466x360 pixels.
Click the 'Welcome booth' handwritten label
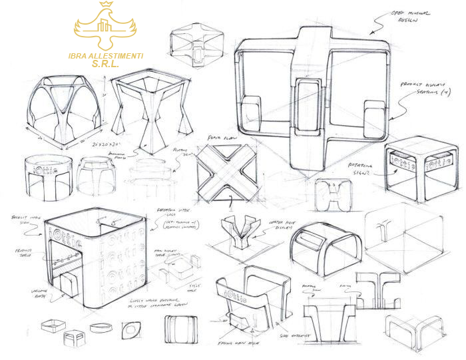(36, 293)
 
